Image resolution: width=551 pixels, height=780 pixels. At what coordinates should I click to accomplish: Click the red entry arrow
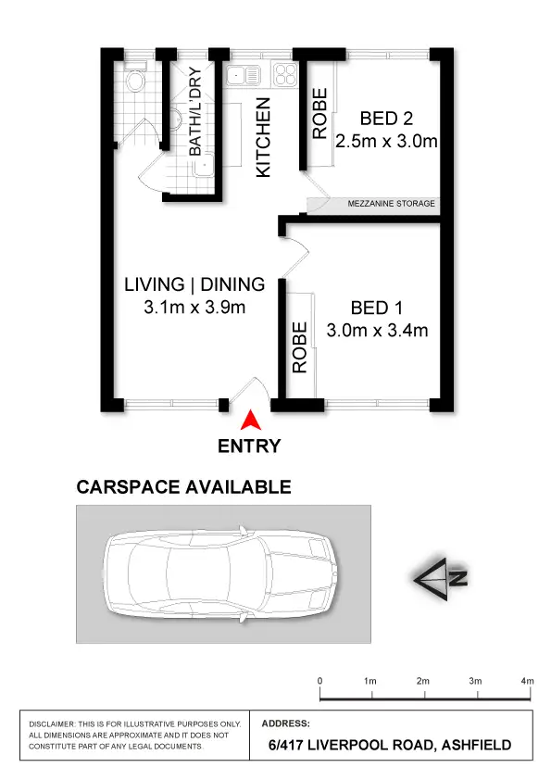249,421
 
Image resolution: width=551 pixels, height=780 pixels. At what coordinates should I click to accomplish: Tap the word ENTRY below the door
249,446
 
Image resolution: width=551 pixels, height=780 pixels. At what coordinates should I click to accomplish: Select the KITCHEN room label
263,138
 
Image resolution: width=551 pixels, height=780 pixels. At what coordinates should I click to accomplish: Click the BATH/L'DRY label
195,112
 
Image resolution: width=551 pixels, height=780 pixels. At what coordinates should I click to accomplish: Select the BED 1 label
376,308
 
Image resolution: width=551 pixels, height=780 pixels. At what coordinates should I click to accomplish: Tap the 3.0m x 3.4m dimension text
377,331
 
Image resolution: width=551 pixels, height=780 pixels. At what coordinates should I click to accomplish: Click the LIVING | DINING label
194,284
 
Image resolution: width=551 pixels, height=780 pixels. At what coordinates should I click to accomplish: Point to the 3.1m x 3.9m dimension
194,308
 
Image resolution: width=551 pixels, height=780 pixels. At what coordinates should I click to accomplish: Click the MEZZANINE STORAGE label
390,204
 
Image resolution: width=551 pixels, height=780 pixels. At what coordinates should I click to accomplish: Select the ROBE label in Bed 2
319,114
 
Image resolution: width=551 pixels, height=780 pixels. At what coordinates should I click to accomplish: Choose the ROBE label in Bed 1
299,348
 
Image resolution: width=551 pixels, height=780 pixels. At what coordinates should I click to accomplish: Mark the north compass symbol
442,579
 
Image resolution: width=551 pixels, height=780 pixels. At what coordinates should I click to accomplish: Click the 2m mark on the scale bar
423,681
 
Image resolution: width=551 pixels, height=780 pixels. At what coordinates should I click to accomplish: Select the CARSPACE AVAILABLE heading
183,487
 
